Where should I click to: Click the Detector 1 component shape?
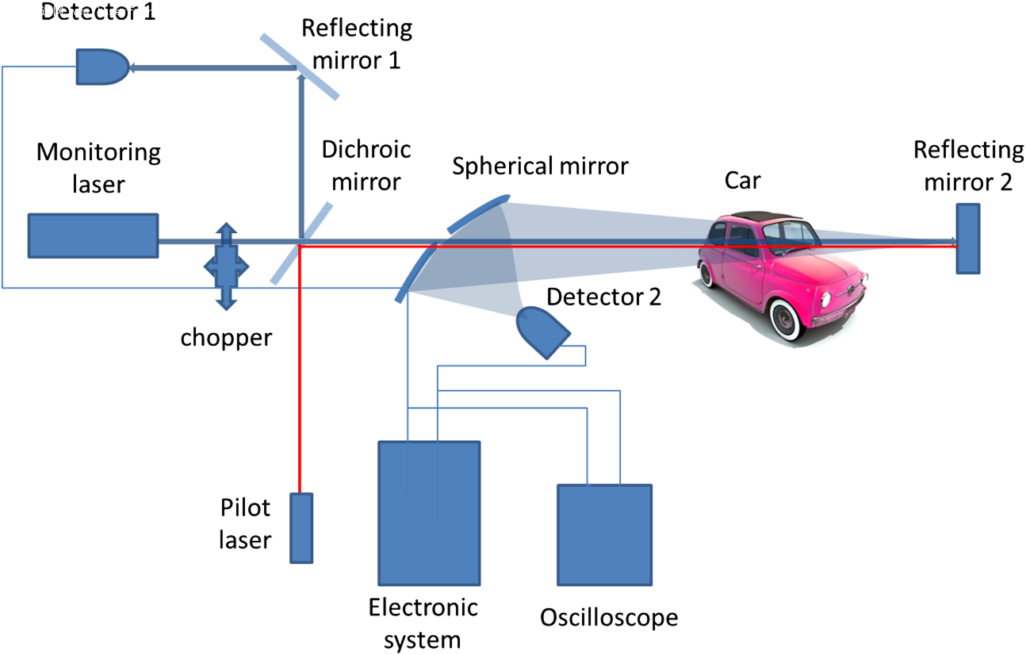tap(101, 67)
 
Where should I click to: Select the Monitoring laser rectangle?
tap(93, 236)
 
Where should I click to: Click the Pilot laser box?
tap(301, 527)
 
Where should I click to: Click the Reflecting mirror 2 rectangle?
tap(967, 239)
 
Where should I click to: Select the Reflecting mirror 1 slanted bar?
tap(300, 67)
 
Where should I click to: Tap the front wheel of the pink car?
tap(786, 320)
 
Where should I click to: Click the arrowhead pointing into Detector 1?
tap(133, 68)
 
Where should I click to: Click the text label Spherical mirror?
tap(540, 166)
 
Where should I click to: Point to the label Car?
tap(742, 181)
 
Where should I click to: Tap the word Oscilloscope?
tap(609, 617)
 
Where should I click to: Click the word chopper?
tap(226, 337)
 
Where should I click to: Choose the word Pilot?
tap(245, 508)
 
